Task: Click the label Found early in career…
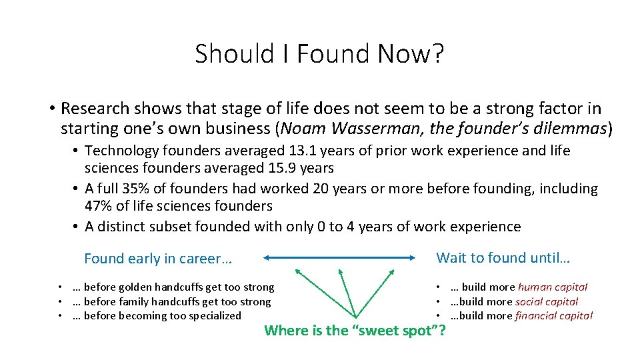[x=158, y=259]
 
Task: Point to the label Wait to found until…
[x=503, y=257]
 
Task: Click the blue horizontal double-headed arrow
[x=339, y=257]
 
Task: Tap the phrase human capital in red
[x=553, y=287]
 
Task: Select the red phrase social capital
[x=547, y=301]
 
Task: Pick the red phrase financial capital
[x=553, y=315]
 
